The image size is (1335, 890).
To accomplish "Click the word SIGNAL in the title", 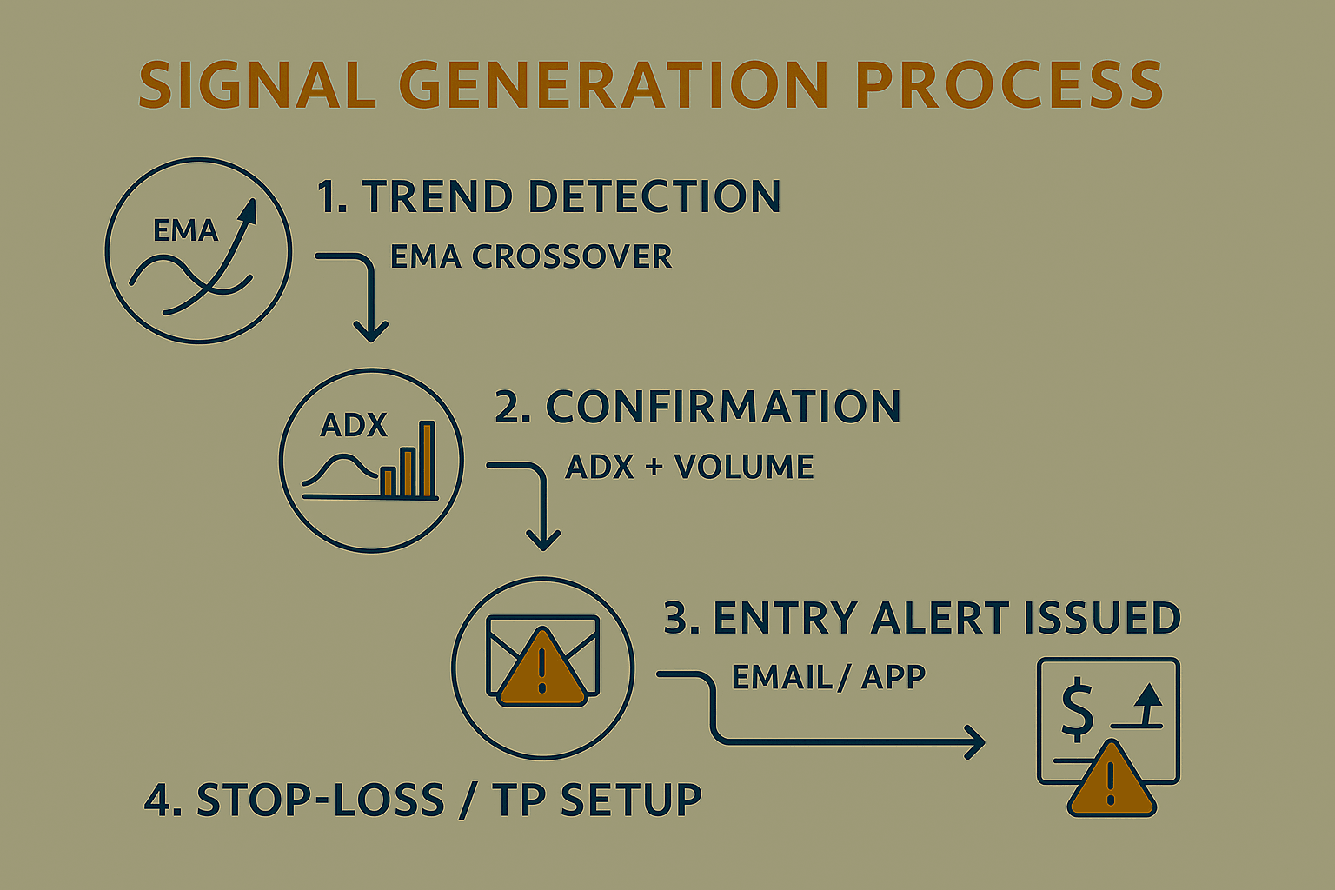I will tap(256, 85).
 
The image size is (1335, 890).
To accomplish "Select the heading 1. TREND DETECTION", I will tap(548, 196).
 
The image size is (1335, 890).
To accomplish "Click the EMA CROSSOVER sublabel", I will tap(530, 257).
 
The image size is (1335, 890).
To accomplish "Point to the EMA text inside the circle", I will tap(185, 230).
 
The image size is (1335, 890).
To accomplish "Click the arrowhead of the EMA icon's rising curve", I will tap(249, 211).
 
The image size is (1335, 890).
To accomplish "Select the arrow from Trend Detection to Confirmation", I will tap(369, 296).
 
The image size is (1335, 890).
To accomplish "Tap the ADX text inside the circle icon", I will tap(353, 425).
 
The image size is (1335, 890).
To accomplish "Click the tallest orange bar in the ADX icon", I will tap(427, 459).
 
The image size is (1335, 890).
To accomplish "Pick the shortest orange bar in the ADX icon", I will tap(388, 481).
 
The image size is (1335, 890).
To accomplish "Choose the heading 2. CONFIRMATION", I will tap(697, 407).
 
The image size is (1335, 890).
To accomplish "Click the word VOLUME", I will tap(744, 468).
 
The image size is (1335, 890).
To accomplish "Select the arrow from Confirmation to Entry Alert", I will tap(542, 508).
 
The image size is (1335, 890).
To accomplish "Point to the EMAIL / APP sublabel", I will tap(828, 677).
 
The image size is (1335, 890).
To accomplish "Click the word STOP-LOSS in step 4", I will tap(320, 800).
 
